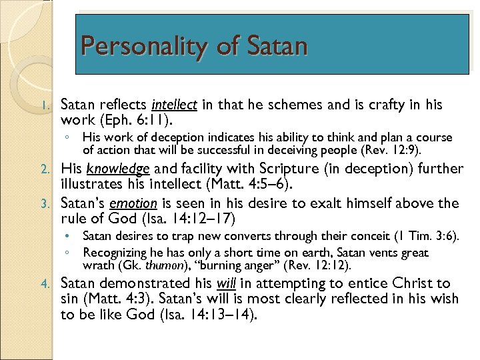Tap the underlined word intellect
pos(174,105)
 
